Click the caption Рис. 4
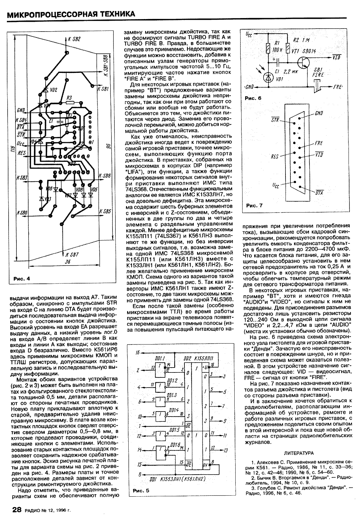point(22,279)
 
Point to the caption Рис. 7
point(254,206)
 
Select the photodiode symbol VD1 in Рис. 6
point(269,77)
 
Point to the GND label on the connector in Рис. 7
point(319,114)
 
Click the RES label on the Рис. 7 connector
point(274,156)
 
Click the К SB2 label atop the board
point(74,39)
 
